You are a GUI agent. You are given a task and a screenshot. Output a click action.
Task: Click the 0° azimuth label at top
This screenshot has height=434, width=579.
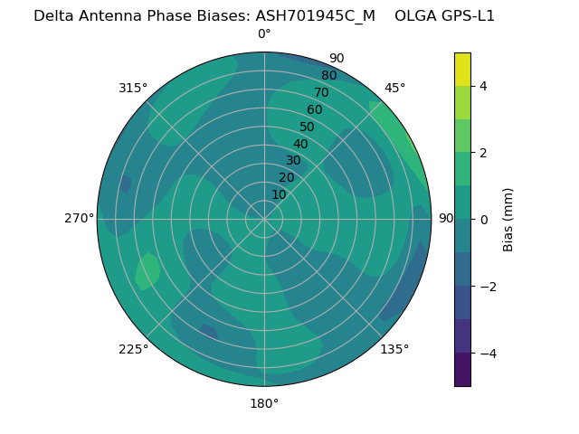pos(264,34)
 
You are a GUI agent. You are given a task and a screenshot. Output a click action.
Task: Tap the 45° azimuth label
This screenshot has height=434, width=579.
pos(394,88)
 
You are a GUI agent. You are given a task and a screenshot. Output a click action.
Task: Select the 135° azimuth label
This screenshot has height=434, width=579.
pos(394,349)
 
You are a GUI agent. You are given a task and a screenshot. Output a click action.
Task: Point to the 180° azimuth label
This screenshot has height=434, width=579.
pos(264,403)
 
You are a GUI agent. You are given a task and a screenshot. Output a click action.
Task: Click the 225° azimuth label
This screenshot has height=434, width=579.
pos(133,349)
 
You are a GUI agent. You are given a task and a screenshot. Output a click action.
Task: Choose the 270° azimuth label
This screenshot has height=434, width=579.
pos(80,218)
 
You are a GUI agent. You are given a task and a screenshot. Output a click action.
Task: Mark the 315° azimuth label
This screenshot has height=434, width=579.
pos(133,88)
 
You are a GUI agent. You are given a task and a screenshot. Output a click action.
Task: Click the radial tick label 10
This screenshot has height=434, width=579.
pos(279,194)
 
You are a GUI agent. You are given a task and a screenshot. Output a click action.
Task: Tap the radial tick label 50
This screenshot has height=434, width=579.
pos(307,127)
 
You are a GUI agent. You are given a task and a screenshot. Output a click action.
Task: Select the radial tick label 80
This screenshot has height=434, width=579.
pos(328,75)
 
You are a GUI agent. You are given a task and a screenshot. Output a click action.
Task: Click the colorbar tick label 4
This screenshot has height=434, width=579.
pos(484,86)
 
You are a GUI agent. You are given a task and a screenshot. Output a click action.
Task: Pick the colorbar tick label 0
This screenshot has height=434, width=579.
pos(484,220)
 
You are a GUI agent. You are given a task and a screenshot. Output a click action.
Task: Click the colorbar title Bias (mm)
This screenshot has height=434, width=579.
pos(508,220)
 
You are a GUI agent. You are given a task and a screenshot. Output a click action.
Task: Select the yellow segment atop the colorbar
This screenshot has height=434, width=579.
pos(462,69)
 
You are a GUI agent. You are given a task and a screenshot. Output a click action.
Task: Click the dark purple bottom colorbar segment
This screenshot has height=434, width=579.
pos(462,370)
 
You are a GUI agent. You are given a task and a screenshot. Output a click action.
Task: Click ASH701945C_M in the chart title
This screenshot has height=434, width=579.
pos(315,15)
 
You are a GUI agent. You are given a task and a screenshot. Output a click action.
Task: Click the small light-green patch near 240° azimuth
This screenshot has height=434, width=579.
pos(147,270)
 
